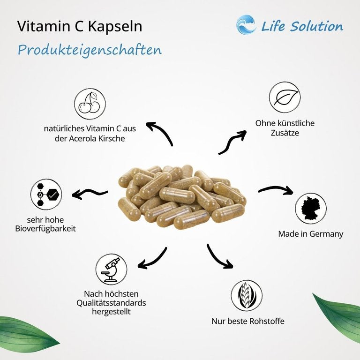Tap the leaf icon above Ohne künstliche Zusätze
click(x=285, y=97)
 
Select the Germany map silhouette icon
click(x=311, y=209)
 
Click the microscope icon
click(x=111, y=270)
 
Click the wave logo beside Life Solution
click(x=246, y=25)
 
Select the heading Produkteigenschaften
click(x=90, y=50)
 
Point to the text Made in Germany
click(x=310, y=233)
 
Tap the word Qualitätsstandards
click(x=111, y=303)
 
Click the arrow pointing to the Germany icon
click(x=275, y=190)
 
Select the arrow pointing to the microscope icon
click(x=153, y=259)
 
